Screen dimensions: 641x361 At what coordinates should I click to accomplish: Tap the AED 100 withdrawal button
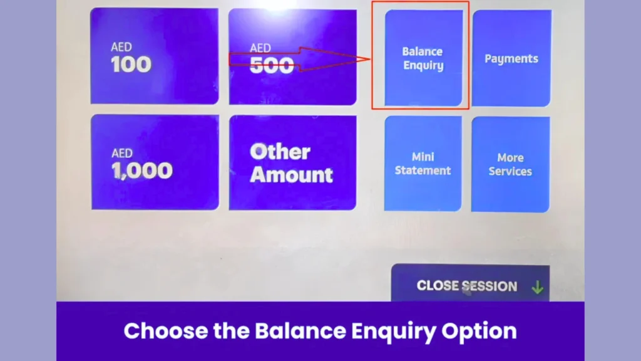(155, 56)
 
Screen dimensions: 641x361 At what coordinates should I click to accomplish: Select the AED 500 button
(292, 57)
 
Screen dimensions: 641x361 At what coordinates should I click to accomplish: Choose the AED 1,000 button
(155, 162)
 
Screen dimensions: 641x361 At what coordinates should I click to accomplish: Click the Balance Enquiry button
(424, 58)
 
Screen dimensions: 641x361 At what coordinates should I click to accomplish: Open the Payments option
(511, 58)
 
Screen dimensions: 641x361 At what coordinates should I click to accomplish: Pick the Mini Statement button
(423, 164)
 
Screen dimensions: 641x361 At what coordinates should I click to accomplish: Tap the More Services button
(510, 164)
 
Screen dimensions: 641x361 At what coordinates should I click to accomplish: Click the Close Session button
(470, 283)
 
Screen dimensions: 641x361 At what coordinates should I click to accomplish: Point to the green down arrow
(538, 287)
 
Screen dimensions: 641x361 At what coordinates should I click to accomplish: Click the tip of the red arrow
(370, 59)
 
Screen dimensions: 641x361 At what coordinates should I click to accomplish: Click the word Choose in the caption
(166, 331)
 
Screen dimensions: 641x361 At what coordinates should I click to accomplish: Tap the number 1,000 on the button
(142, 170)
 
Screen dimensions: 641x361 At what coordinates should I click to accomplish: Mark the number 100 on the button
(131, 65)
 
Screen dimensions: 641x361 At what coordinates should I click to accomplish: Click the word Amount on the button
(291, 175)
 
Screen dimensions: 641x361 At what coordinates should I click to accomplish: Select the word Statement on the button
(423, 170)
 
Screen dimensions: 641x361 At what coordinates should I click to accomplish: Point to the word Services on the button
(510, 171)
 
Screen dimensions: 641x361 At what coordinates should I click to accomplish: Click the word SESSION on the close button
(490, 286)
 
